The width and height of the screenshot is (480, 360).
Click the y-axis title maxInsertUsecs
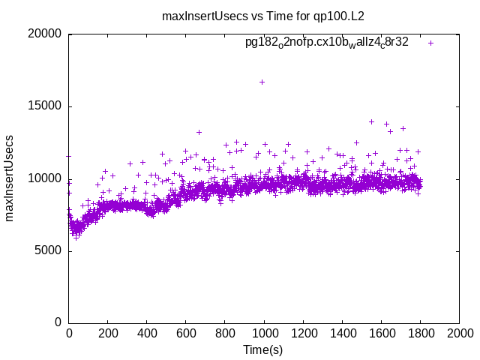(10, 178)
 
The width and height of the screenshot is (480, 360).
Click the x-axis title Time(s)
(263, 349)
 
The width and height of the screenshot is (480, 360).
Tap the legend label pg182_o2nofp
(326, 43)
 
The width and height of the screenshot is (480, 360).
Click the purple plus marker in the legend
(430, 43)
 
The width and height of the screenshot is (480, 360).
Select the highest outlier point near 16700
(262, 82)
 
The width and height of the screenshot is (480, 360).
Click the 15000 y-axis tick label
(46, 106)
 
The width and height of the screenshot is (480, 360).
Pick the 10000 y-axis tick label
(46, 178)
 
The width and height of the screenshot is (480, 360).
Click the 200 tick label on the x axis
(108, 334)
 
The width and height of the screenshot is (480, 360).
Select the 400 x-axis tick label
(147, 334)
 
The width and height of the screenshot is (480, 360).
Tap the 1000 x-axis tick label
(264, 334)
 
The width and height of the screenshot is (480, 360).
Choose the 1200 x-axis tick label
(303, 334)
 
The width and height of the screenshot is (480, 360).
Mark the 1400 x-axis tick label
(342, 334)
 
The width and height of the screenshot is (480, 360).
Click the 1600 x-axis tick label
(381, 334)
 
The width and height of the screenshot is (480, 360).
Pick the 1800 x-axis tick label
(420, 334)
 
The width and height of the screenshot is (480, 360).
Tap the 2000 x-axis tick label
(459, 334)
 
